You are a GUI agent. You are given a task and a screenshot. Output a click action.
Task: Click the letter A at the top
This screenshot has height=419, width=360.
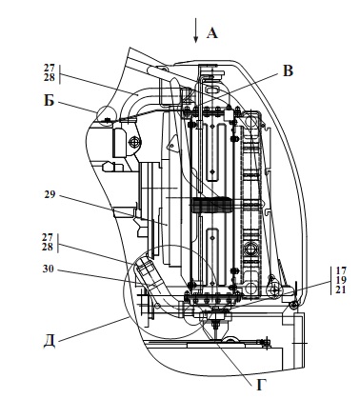tap(212, 33)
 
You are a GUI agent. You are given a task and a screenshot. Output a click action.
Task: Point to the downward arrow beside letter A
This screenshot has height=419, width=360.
tap(196, 30)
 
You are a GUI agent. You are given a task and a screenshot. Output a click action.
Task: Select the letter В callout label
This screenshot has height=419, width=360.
tap(288, 70)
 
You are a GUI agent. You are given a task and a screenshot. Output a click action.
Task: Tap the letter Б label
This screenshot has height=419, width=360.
tap(49, 101)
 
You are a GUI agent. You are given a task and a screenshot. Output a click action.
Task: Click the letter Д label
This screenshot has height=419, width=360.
tap(50, 341)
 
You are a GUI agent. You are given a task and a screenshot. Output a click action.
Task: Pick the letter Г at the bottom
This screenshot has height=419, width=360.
tap(261, 385)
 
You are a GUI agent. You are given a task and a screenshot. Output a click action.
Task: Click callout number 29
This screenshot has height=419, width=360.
tap(50, 194)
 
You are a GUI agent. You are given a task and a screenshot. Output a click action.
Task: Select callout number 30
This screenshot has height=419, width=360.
tap(49, 269)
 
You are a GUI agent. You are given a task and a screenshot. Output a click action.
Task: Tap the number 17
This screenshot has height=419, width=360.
tap(341, 270)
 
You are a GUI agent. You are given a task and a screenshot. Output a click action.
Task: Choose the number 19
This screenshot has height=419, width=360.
tap(341, 280)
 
